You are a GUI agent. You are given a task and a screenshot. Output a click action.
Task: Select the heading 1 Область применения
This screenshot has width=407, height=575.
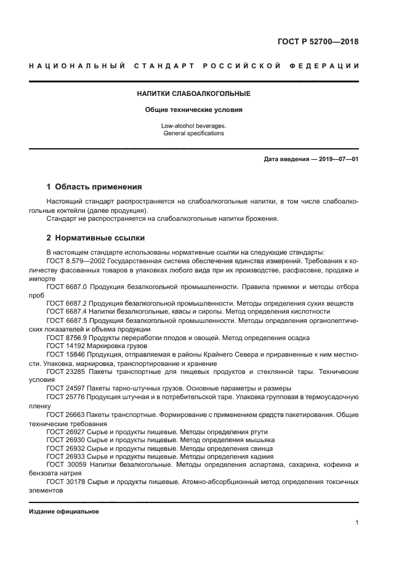(x=94, y=186)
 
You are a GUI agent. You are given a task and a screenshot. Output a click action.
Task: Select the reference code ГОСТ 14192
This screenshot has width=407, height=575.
(x=64, y=346)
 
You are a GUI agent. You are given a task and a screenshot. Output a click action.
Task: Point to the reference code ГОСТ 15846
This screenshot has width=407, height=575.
(x=64, y=355)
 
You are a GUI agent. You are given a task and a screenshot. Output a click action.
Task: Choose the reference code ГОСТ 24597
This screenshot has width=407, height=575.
(x=64, y=389)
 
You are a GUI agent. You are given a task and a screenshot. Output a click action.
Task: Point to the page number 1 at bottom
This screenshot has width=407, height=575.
(x=357, y=523)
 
